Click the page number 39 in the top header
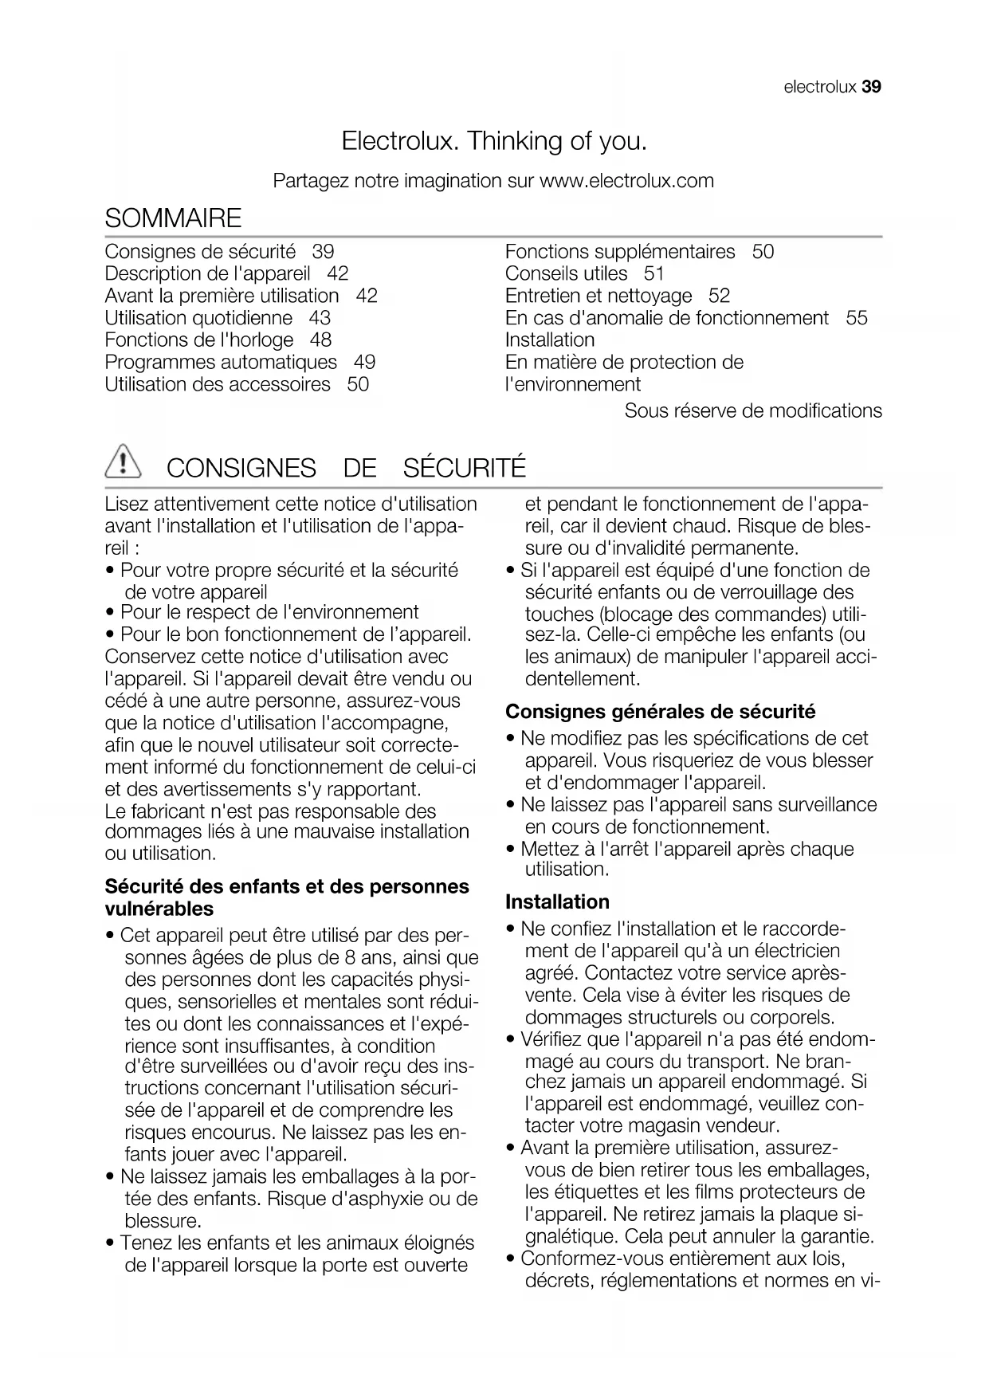click(x=871, y=87)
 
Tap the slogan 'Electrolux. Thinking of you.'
click(x=494, y=141)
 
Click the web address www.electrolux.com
click(x=626, y=181)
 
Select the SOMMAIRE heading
click(x=173, y=218)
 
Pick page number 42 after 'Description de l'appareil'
click(x=338, y=273)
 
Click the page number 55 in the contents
click(x=857, y=318)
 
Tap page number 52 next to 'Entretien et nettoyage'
click(x=719, y=296)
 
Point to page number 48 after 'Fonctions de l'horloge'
click(x=320, y=340)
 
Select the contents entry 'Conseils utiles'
click(x=566, y=273)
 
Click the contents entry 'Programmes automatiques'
click(x=221, y=362)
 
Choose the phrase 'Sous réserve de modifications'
click(x=753, y=410)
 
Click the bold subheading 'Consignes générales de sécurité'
click(x=661, y=711)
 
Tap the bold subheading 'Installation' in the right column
click(x=557, y=901)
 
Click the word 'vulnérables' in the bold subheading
click(x=159, y=909)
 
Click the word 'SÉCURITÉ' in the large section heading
click(x=465, y=468)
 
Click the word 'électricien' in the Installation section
click(x=790, y=951)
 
